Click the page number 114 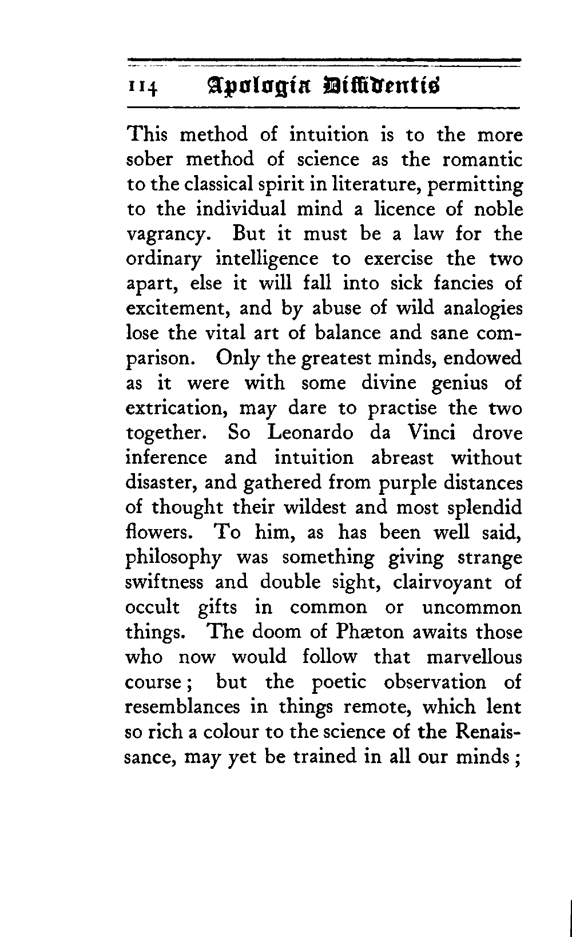coord(143,87)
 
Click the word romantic coord(479,160)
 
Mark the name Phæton coord(372,632)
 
